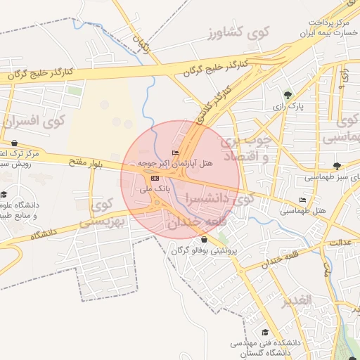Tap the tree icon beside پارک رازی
pos(287,95)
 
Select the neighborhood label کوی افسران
pos(34,121)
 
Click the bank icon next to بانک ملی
pos(155,178)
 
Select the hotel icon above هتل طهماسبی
pos(302,200)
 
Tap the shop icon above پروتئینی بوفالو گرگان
pos(204,240)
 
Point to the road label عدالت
pos(340,242)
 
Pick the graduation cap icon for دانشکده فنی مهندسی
pos(265,333)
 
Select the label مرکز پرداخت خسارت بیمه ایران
pos(330,28)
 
